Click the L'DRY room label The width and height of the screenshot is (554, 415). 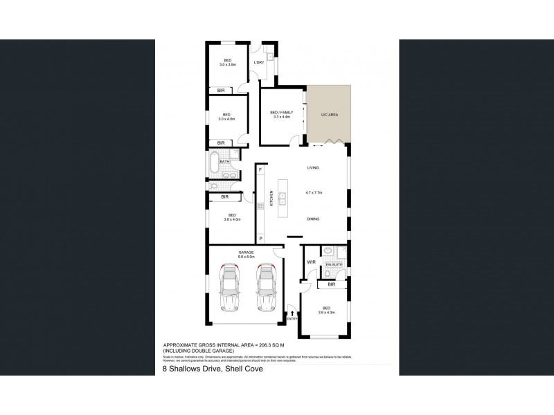[x=259, y=64]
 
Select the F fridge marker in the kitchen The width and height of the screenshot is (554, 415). [x=260, y=169]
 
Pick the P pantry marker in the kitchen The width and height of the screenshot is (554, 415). [x=260, y=239]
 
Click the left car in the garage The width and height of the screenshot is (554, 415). [x=229, y=288]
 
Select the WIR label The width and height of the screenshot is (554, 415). [x=311, y=262]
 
